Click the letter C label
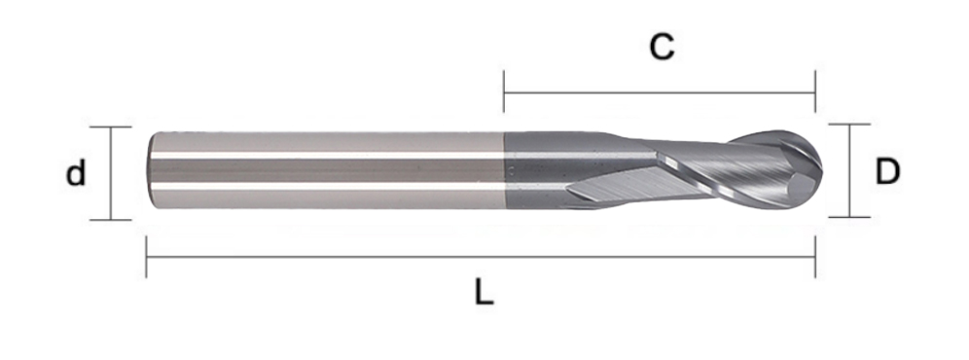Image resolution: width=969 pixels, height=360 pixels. (x=662, y=48)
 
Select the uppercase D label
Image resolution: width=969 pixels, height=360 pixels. (x=887, y=171)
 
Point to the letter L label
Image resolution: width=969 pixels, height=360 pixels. (x=484, y=292)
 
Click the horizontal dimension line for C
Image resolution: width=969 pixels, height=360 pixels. (x=660, y=92)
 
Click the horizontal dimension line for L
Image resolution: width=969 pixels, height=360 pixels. (x=481, y=257)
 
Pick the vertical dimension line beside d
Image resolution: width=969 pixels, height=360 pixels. (x=111, y=173)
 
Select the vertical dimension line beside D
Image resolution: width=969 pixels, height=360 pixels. (x=849, y=170)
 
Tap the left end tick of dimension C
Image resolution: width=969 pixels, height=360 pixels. (x=504, y=91)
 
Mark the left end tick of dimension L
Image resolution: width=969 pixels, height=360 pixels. (x=147, y=257)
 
